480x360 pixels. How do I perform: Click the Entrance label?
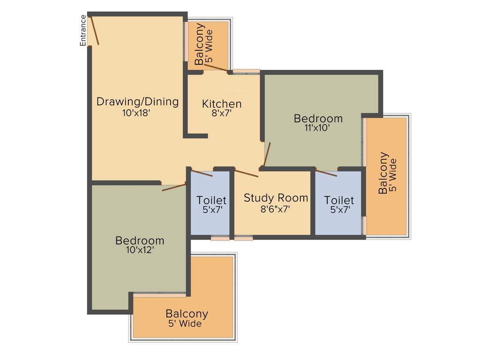pyautogui.click(x=83, y=30)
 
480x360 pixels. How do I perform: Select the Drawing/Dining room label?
pyautogui.click(x=137, y=102)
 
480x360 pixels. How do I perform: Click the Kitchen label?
pyautogui.click(x=222, y=104)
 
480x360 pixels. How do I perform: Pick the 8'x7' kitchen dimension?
pyautogui.click(x=222, y=113)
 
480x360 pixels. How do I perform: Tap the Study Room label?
pyautogui.click(x=276, y=198)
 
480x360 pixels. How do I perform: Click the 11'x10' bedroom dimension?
pyautogui.click(x=318, y=127)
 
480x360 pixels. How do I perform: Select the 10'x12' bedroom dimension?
pyautogui.click(x=140, y=250)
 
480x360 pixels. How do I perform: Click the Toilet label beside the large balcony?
pyautogui.click(x=339, y=201)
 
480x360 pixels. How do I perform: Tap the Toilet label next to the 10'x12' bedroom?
pyautogui.click(x=211, y=201)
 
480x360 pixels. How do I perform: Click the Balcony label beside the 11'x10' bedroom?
pyautogui.click(x=383, y=172)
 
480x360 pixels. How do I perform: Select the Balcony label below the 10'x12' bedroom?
pyautogui.click(x=187, y=314)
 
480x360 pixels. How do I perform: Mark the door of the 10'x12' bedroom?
pyautogui.click(x=174, y=187)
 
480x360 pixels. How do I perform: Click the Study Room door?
pyautogui.click(x=247, y=173)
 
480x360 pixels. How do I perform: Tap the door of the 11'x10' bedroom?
pyautogui.click(x=266, y=155)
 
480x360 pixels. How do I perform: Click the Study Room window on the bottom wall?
pyautogui.click(x=244, y=238)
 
